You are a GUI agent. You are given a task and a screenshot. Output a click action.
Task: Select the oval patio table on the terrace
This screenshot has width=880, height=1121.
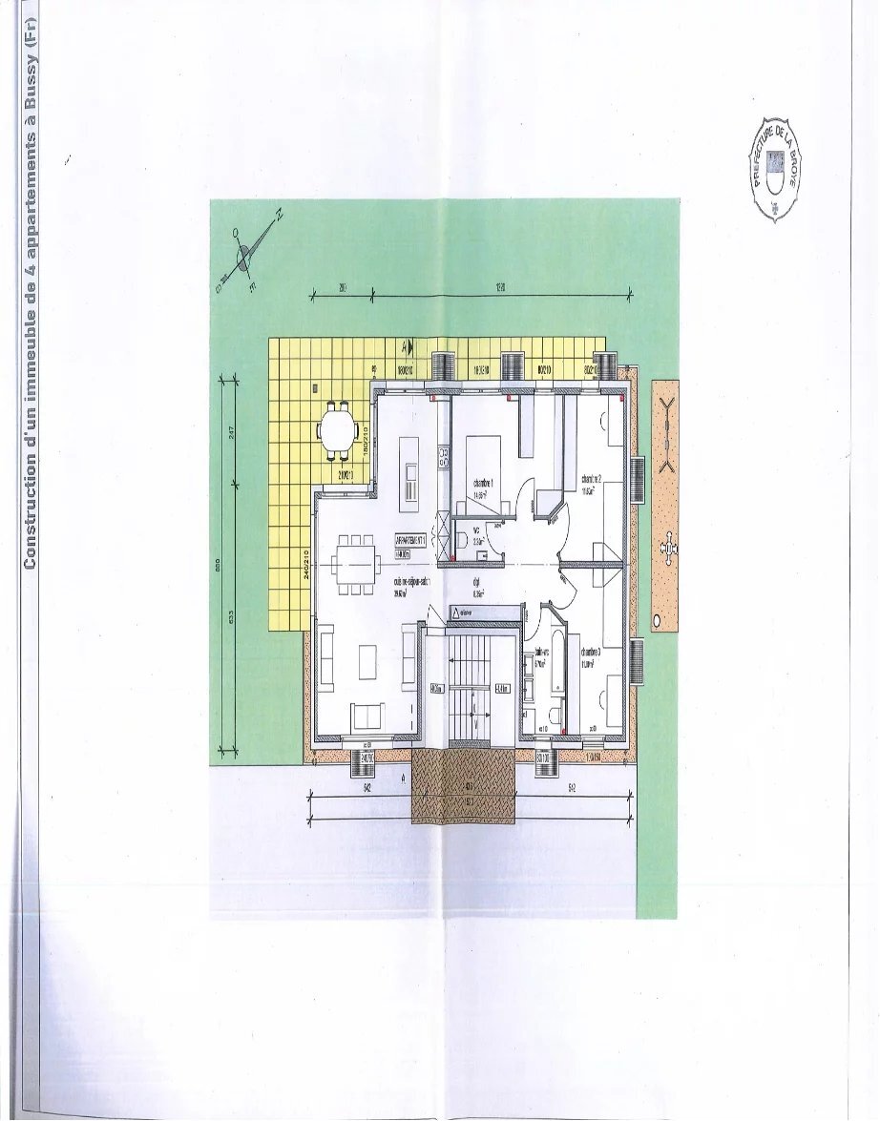coord(335,429)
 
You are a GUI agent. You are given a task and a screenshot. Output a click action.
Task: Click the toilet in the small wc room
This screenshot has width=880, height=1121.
coord(461,541)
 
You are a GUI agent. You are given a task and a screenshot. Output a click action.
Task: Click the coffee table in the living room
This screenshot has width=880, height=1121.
coord(367,659)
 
